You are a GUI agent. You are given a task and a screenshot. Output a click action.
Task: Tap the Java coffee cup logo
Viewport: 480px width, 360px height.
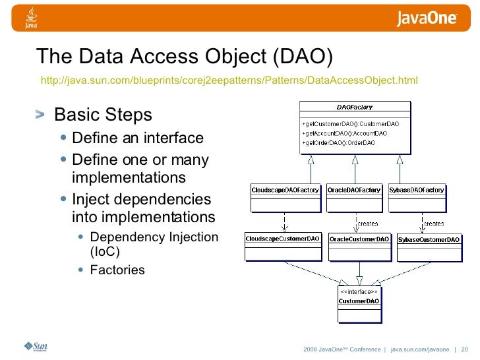pos(30,18)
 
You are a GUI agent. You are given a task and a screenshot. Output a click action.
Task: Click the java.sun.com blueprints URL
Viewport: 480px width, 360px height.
pos(229,80)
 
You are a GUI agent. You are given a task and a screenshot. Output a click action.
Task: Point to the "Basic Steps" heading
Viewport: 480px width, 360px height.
pos(103,115)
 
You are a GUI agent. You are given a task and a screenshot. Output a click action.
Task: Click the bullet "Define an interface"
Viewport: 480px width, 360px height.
pos(138,138)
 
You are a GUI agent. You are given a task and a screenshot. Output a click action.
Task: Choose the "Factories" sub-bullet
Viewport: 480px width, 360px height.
pos(117,270)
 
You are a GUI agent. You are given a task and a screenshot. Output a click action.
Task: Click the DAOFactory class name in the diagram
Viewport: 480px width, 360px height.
pos(355,107)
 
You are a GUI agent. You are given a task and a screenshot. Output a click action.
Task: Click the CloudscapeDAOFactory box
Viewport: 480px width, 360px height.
pos(285,196)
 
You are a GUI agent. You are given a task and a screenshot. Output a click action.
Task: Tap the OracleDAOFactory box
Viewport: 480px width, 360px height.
pos(354,196)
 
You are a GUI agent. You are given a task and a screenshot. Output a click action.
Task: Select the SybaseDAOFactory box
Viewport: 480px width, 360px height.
pos(417,196)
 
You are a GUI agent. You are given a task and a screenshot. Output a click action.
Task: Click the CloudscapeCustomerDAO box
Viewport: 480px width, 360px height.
pos(283,245)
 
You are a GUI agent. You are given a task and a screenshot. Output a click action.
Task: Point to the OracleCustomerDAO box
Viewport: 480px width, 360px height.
pos(359,245)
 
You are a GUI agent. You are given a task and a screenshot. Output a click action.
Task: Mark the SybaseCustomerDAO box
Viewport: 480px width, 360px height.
pos(429,246)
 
